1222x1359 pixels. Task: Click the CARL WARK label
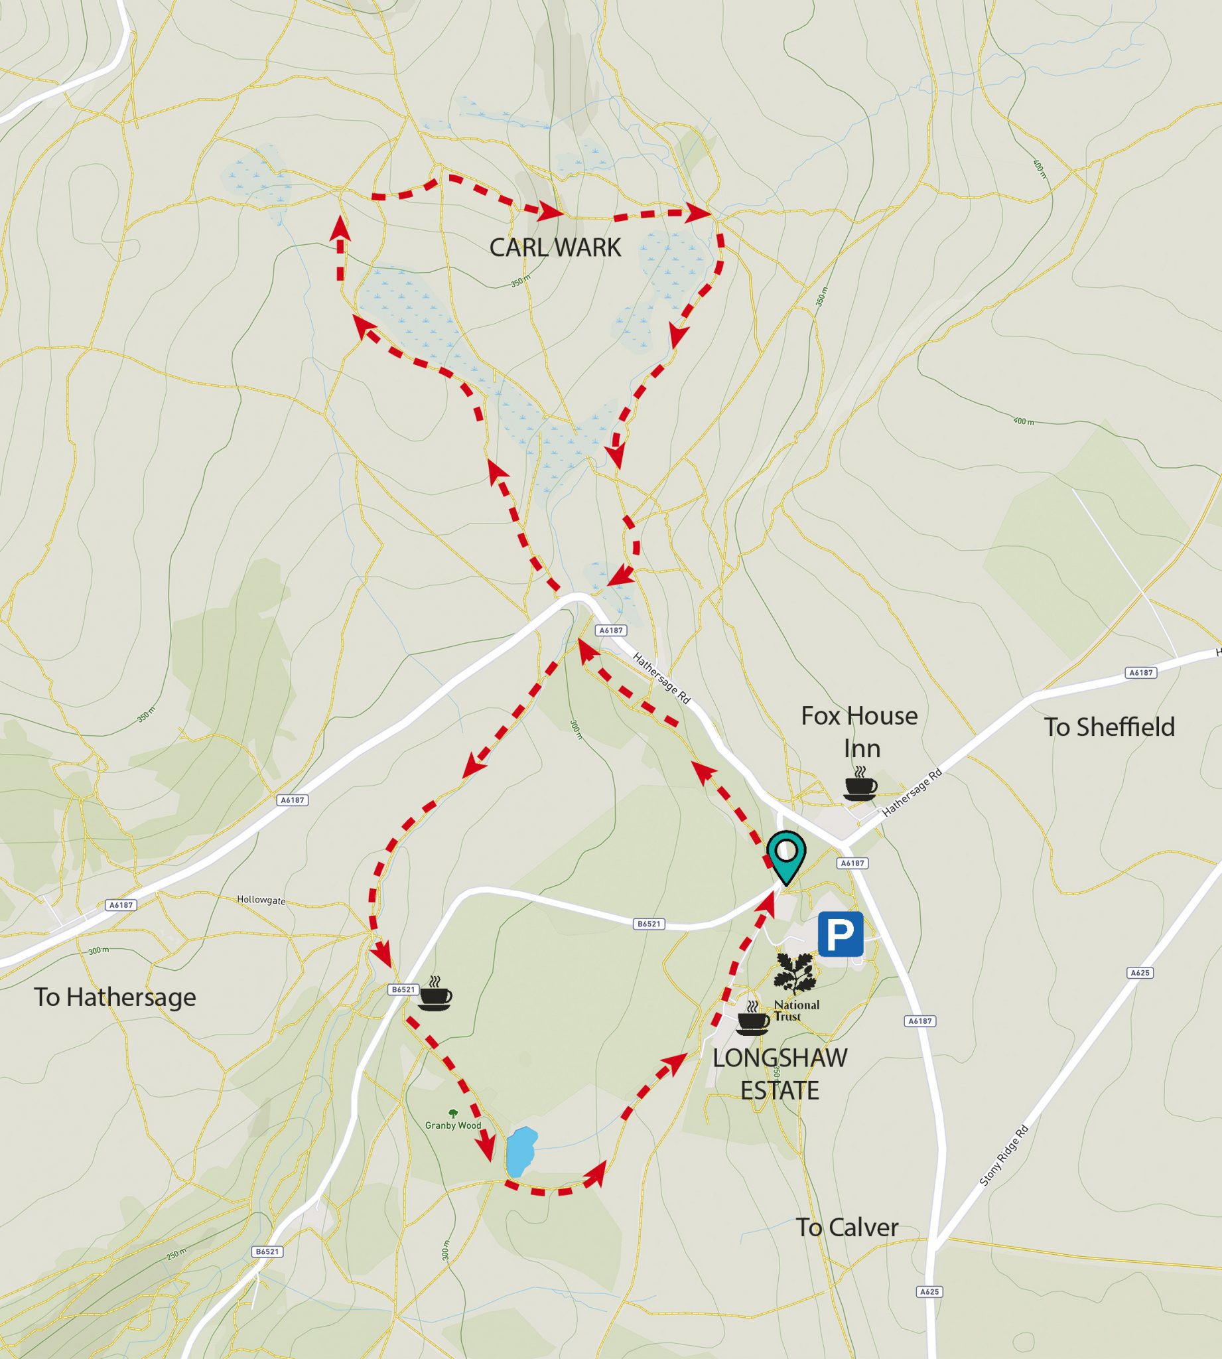555,248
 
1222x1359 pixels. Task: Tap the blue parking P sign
840,933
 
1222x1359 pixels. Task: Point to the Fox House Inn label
859,732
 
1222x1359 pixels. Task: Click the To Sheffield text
1109,727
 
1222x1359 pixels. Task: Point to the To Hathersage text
115,997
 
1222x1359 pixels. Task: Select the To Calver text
847,1228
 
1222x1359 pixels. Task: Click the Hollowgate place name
261,900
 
